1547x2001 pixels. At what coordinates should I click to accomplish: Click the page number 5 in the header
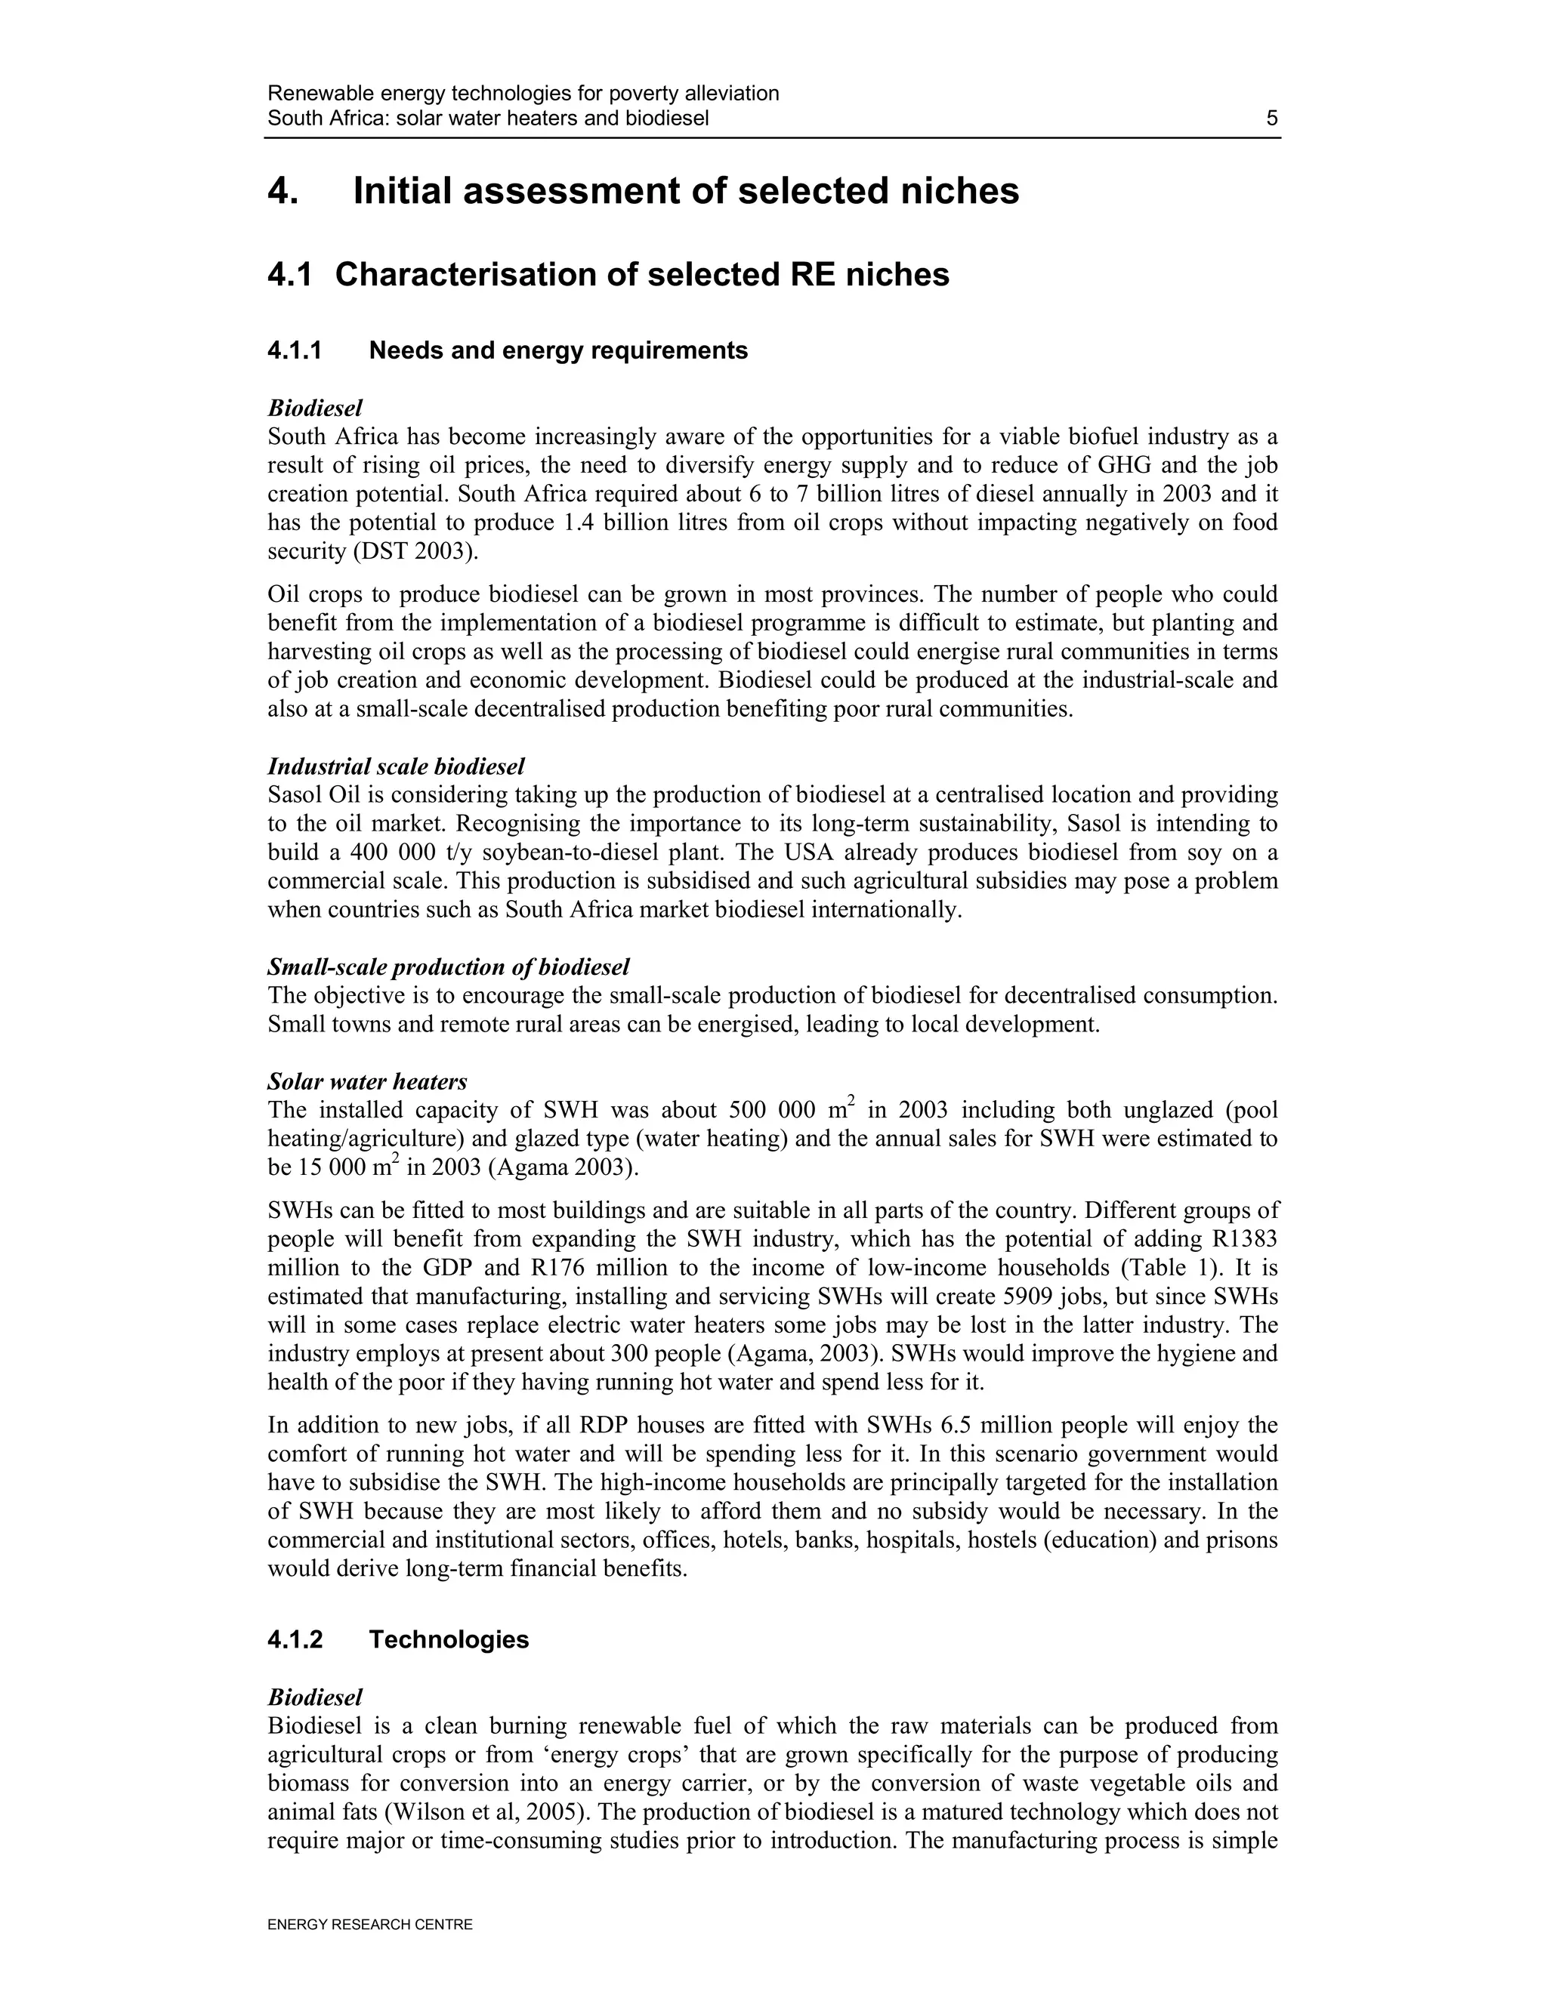1271,119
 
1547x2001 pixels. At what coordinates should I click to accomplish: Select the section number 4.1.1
295,351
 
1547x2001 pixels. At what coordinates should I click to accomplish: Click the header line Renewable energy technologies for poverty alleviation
523,94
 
